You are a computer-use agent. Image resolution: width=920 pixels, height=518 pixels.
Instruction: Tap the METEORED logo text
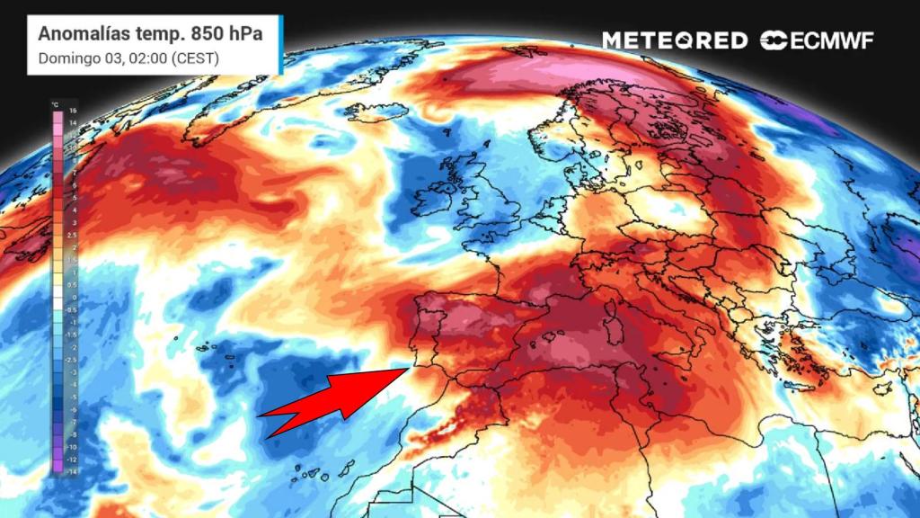click(x=674, y=40)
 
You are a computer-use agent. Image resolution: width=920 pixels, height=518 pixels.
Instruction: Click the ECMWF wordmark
click(x=827, y=40)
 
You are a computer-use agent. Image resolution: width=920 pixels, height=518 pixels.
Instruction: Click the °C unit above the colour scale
click(x=56, y=103)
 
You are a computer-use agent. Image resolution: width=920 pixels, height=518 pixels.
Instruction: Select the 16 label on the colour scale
click(x=73, y=111)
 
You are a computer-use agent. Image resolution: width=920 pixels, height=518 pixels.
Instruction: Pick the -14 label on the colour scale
click(x=73, y=470)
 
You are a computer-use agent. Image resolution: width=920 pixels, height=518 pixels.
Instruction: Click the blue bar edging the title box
click(x=281, y=45)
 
